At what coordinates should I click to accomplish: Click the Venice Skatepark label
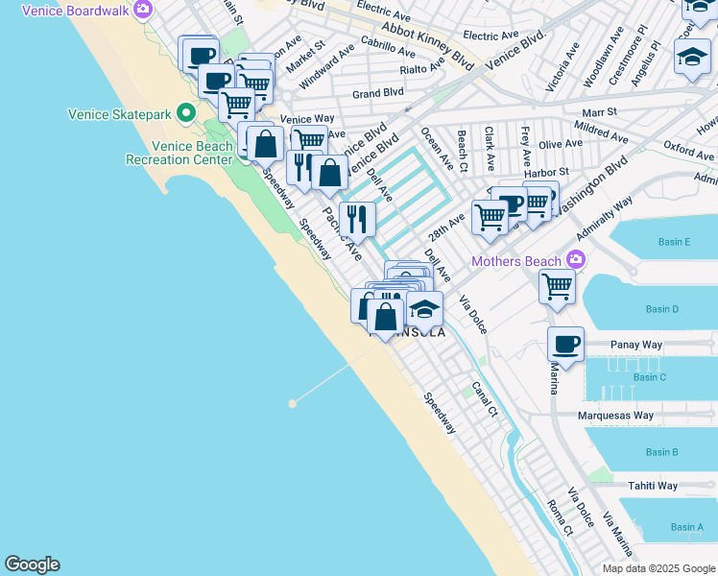pos(119,114)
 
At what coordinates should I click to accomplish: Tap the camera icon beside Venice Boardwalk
pos(143,10)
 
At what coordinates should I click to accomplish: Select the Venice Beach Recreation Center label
pos(192,153)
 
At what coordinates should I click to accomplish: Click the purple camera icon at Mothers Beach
pos(575,260)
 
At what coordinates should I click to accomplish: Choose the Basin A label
pos(686,527)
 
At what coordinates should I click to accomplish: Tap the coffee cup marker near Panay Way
pos(565,343)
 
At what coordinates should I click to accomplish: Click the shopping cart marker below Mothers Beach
pos(557,285)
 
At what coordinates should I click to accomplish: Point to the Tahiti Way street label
pos(653,487)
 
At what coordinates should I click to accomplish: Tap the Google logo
pos(32,564)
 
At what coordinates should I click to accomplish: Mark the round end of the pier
pos(292,403)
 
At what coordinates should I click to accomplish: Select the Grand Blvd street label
pos(377,94)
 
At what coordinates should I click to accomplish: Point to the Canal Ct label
pos(484,400)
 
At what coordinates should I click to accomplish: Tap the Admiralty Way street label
pos(605,219)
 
